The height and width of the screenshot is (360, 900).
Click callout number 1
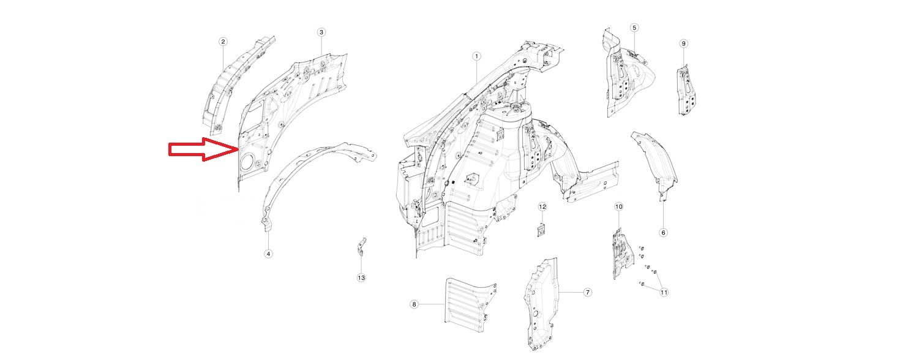tap(476, 56)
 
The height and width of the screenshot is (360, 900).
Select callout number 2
tap(223, 42)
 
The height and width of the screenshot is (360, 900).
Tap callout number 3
tap(321, 32)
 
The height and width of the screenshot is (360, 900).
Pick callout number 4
tap(268, 253)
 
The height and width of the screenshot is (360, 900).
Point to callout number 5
tap(634, 28)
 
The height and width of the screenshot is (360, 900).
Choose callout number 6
tap(664, 232)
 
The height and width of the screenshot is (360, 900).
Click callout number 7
tap(587, 293)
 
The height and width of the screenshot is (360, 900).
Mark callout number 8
tap(414, 304)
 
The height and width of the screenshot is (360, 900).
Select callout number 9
tap(684, 43)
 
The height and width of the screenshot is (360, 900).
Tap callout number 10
tap(618, 207)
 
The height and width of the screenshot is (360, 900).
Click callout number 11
tap(664, 293)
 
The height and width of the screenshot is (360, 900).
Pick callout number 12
tap(542, 208)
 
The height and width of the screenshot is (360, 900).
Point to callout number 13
tap(361, 278)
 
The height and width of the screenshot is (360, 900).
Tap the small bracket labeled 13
tap(362, 247)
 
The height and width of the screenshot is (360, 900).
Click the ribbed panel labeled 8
tap(468, 299)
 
